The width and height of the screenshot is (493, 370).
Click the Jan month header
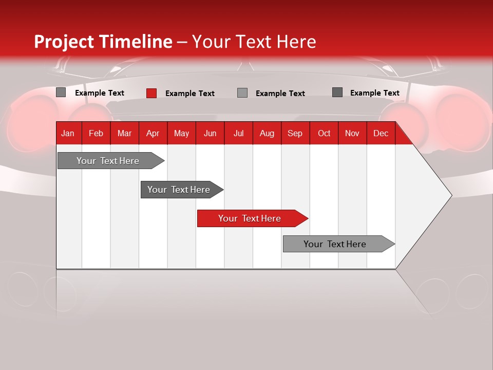click(x=68, y=134)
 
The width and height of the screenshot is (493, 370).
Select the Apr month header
click(x=153, y=134)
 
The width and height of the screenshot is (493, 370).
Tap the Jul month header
click(x=238, y=134)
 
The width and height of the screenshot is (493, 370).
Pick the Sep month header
click(x=295, y=134)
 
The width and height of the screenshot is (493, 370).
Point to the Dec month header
click(x=381, y=134)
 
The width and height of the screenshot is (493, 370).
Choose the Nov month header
click(x=352, y=134)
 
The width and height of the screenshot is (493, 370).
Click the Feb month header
click(x=96, y=134)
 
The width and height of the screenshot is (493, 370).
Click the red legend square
click(x=151, y=93)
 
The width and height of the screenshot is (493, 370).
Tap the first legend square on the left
click(x=61, y=92)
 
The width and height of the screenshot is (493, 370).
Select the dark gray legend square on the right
click(x=337, y=92)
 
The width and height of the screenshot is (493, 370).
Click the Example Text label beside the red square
click(x=190, y=94)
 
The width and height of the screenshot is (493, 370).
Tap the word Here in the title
click(x=296, y=42)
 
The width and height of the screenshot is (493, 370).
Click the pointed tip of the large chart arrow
click(x=450, y=195)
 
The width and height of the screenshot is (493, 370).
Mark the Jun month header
click(x=210, y=134)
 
